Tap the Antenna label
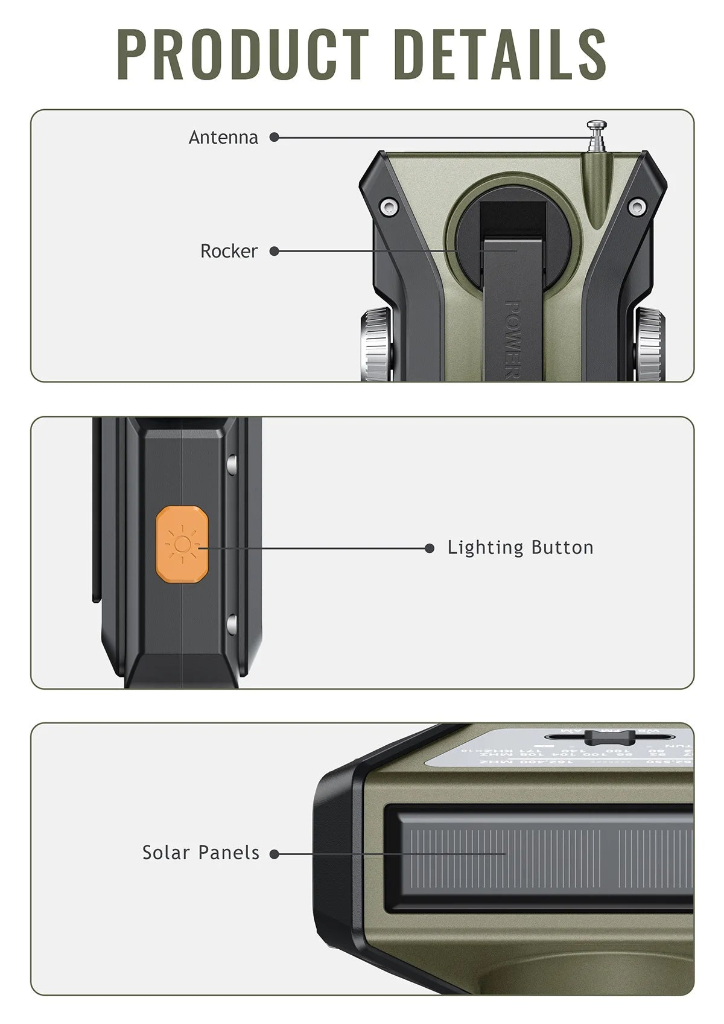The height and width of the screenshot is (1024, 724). click(x=223, y=138)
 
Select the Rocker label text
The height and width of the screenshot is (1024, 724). click(x=229, y=251)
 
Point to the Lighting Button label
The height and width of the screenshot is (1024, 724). click(x=521, y=548)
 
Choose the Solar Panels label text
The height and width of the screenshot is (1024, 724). click(x=201, y=853)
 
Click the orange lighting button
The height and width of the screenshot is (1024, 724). click(x=182, y=545)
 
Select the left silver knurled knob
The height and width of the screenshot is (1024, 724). click(x=376, y=344)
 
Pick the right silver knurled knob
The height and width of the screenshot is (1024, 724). click(x=650, y=344)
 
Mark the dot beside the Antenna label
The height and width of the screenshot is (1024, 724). click(x=274, y=138)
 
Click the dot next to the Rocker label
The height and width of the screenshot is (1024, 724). click(x=274, y=251)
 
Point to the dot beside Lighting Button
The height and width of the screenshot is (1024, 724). click(x=430, y=548)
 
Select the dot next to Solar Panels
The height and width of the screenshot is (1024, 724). click(x=275, y=854)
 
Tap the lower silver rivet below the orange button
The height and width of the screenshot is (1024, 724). click(x=231, y=624)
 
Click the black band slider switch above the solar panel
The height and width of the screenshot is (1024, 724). click(x=609, y=737)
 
